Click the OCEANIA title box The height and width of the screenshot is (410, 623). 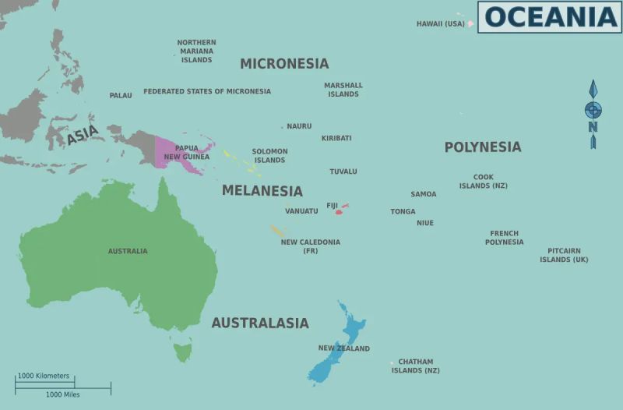(549, 16)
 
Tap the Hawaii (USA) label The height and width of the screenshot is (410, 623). (440, 24)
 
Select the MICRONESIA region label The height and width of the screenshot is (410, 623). (284, 64)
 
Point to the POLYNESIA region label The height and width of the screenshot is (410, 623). (482, 147)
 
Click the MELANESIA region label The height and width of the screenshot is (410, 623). (262, 190)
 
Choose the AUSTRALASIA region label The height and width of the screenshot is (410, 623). (260, 323)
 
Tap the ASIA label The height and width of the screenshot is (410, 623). (82, 136)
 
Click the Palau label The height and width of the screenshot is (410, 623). (121, 96)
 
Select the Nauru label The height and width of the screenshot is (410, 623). (299, 126)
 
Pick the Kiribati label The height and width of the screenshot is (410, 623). (336, 139)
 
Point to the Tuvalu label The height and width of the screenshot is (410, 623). (343, 171)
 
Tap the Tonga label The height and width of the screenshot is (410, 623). (403, 212)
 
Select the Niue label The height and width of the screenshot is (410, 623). (425, 224)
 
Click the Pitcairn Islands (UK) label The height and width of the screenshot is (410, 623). (564, 255)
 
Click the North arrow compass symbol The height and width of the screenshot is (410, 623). (593, 113)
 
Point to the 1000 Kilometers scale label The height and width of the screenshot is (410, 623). (44, 376)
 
